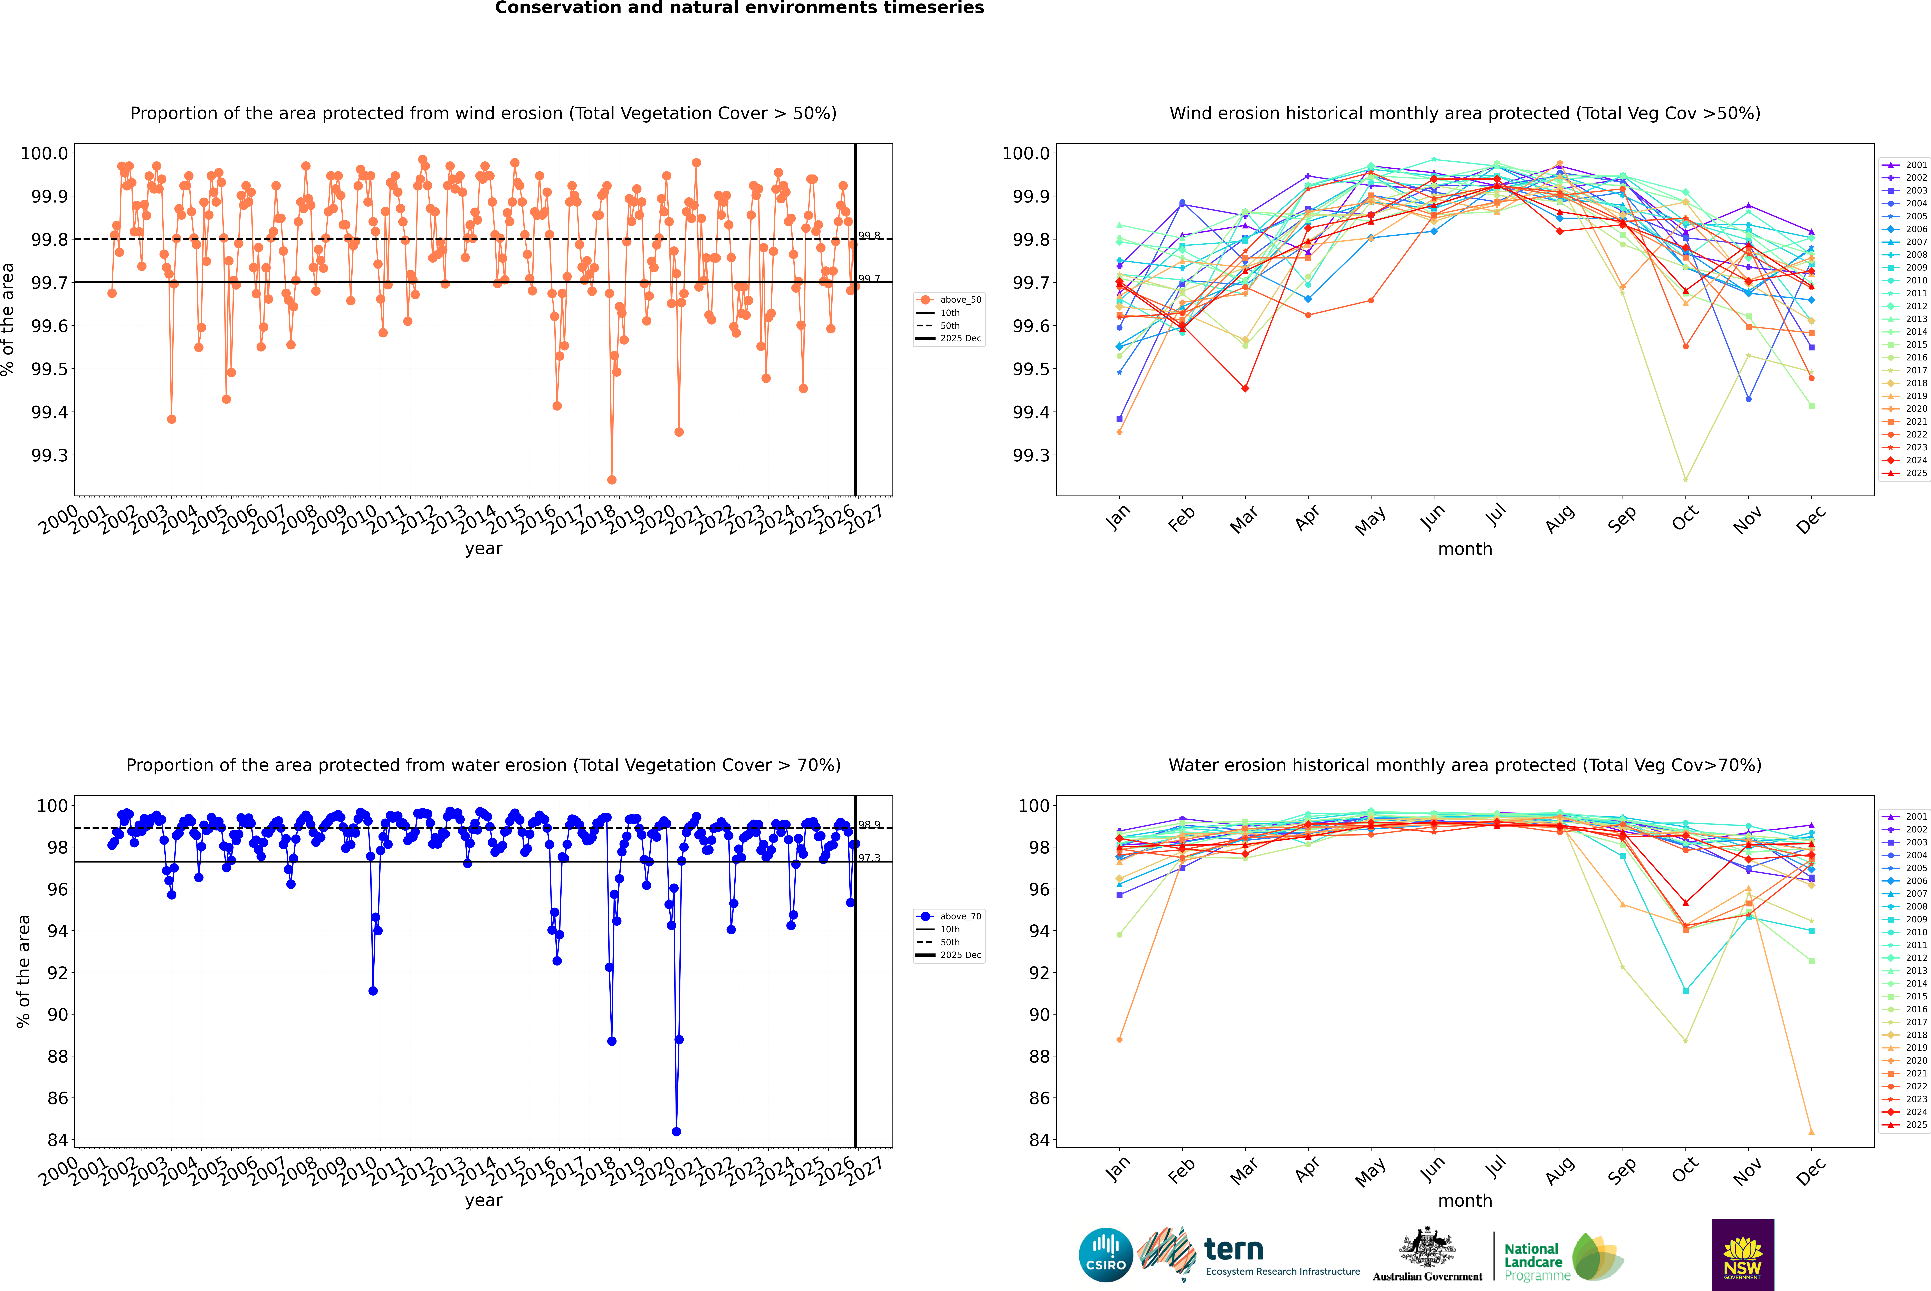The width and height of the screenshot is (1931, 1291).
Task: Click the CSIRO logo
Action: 1106,1255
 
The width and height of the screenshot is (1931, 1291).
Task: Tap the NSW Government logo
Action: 1742,1255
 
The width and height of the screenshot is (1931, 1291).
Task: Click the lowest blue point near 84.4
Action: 677,1131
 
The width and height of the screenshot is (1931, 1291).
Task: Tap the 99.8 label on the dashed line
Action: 869,235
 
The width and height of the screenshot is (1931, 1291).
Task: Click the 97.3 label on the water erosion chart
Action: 869,858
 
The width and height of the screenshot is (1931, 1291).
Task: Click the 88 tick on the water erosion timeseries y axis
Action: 58,1056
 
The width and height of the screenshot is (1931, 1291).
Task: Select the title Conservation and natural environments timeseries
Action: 739,8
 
